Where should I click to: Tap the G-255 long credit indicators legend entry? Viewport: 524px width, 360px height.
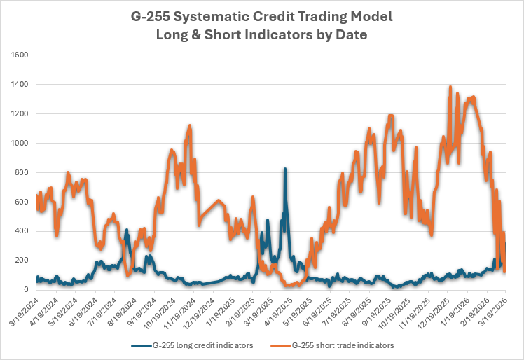192,345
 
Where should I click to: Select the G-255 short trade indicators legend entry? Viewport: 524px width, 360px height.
332,345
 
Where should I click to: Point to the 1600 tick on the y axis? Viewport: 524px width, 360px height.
20,55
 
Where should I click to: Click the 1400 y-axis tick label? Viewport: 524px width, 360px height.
20,84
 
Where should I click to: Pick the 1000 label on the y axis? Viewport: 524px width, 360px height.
20,143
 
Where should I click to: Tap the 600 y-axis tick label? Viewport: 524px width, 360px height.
22,202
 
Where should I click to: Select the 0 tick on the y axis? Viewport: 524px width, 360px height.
26,290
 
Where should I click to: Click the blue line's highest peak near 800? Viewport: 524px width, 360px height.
284,169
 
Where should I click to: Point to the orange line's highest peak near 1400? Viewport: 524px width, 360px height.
450,87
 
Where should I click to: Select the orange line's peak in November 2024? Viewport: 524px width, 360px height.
190,125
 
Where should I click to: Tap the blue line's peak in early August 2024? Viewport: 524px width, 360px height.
127,230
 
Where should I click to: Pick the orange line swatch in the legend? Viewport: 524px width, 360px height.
281,345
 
